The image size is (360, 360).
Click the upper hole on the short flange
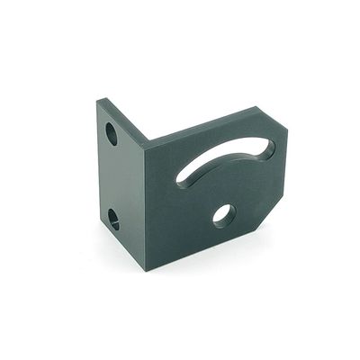tap(112, 135)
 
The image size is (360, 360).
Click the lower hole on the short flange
tap(114, 218)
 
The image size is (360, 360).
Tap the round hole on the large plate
tap(223, 215)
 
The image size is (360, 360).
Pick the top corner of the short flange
tap(99, 101)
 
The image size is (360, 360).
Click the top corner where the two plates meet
tap(147, 140)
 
